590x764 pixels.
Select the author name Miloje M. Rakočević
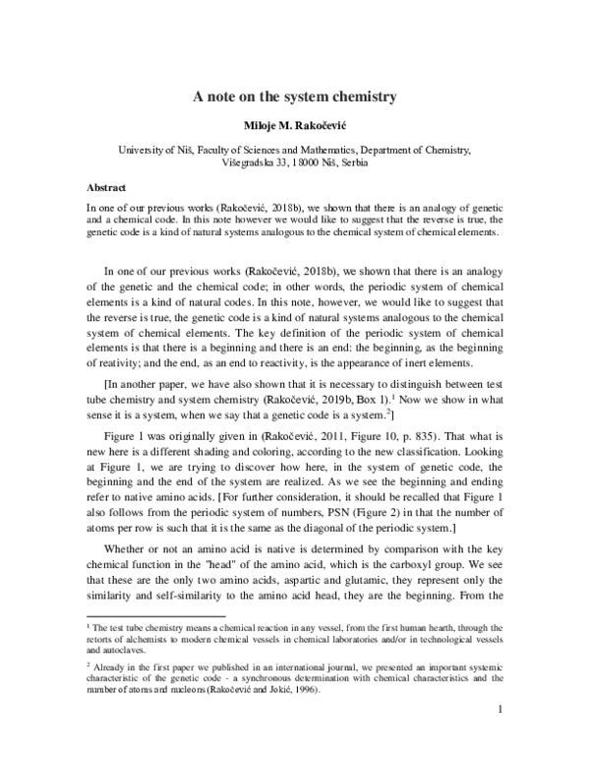click(295, 127)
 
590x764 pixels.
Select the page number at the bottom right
click(501, 735)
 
